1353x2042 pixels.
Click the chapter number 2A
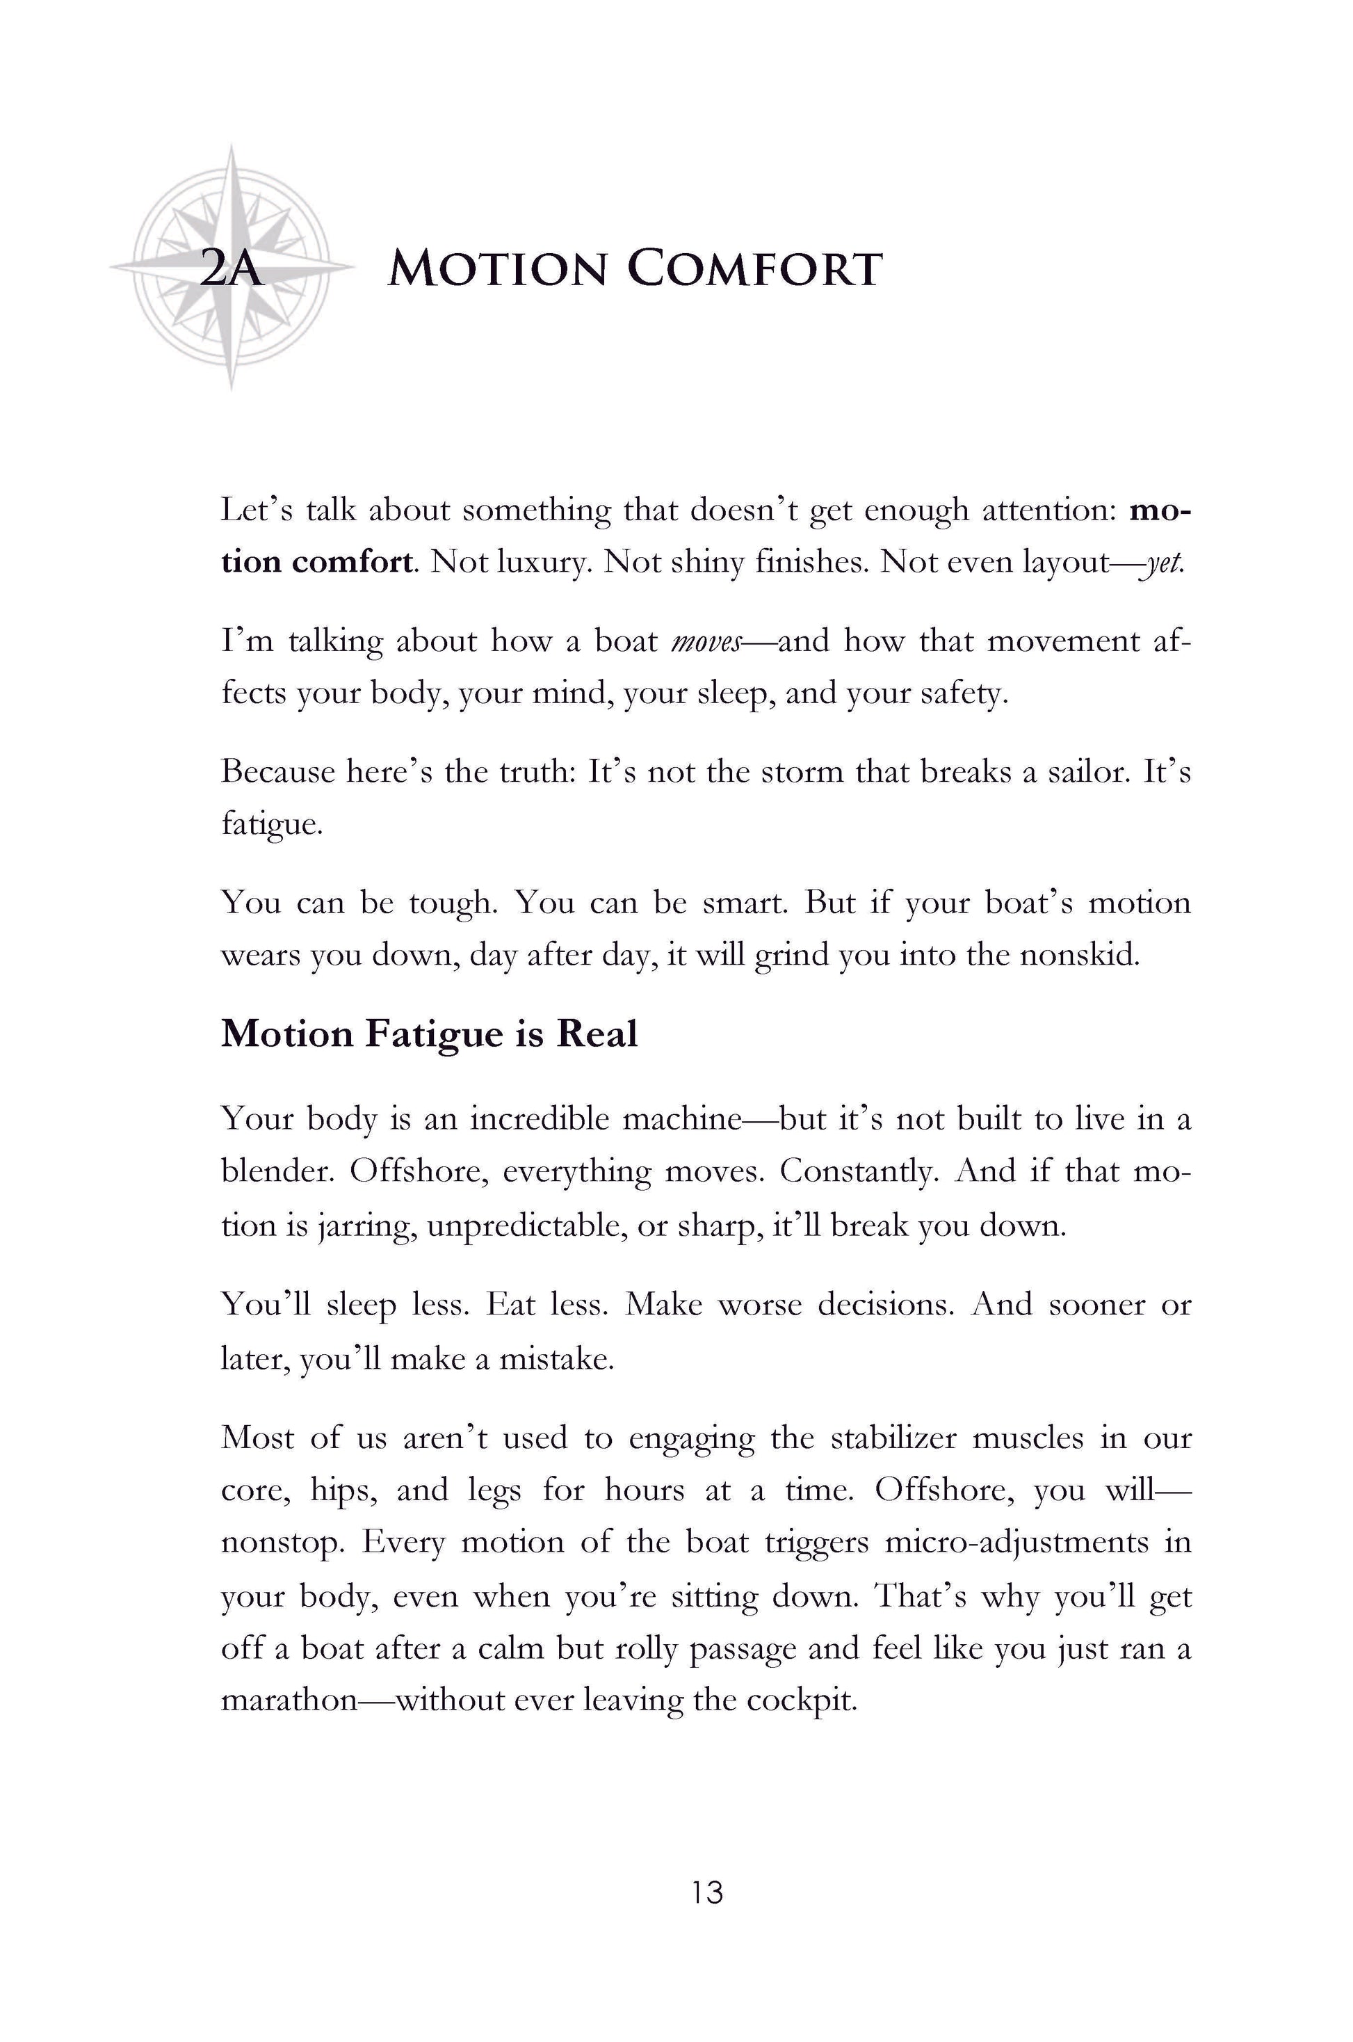pos(230,269)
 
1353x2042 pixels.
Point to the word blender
pos(276,1172)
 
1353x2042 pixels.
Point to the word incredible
pos(538,1119)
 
